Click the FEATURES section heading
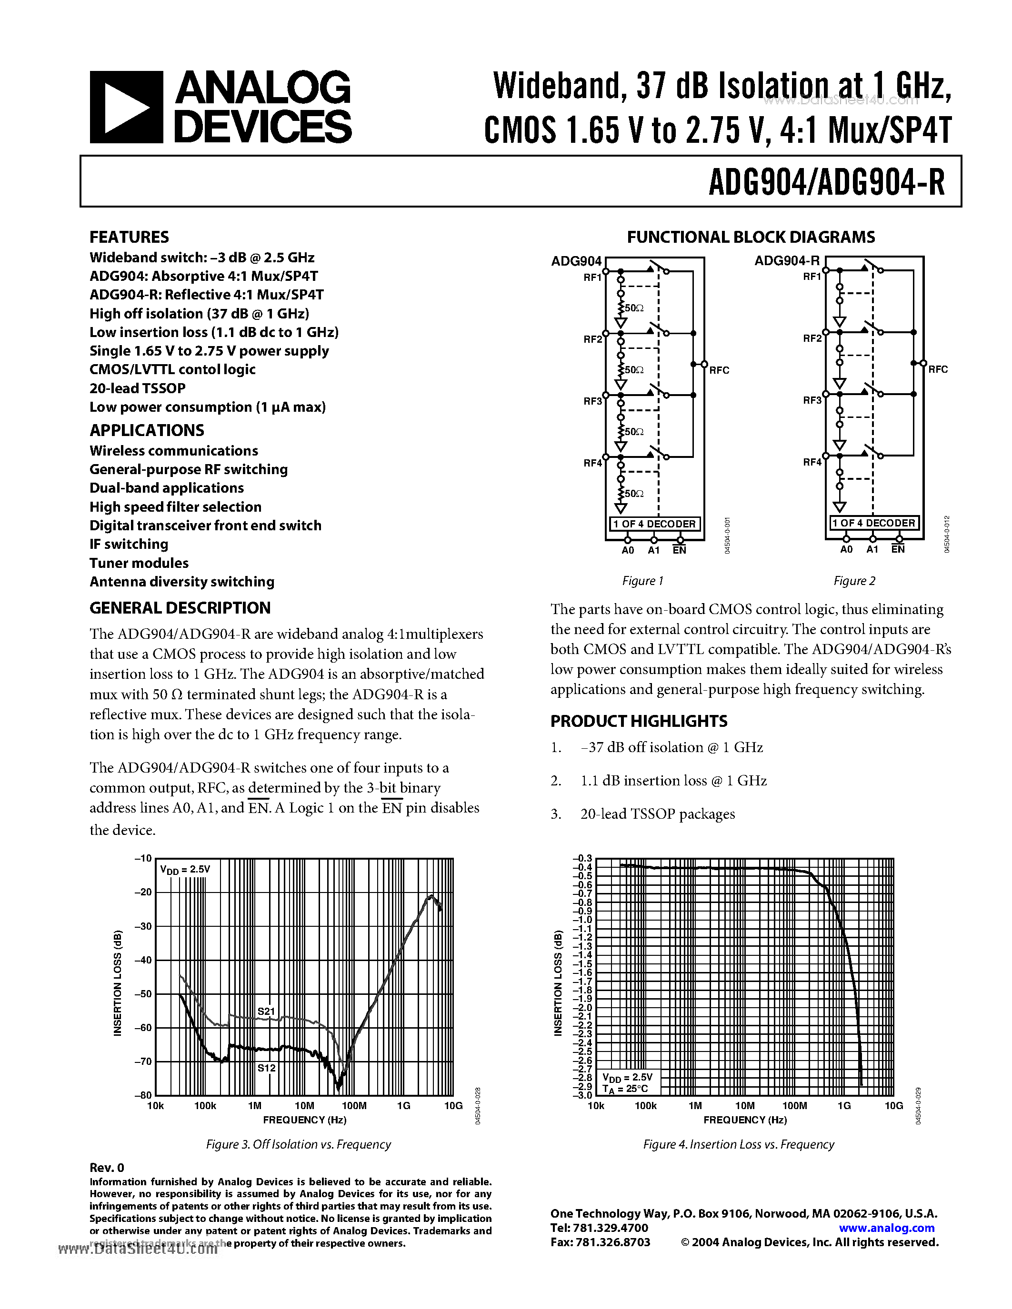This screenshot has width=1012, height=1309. click(129, 238)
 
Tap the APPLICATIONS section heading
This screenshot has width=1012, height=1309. click(147, 430)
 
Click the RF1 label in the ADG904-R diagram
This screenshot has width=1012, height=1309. click(812, 277)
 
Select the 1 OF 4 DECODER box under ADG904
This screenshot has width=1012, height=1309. click(654, 524)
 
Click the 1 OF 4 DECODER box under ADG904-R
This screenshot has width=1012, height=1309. click(873, 523)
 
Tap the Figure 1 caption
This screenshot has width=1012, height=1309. click(643, 581)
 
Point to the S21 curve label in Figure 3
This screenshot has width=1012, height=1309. click(266, 1011)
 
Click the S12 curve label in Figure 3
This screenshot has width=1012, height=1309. click(267, 1068)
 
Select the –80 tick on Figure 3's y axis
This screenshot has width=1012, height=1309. click(143, 1095)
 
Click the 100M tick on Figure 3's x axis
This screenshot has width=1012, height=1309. click(354, 1106)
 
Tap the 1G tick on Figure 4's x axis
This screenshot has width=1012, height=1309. click(844, 1106)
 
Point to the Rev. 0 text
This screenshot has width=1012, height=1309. click(107, 1167)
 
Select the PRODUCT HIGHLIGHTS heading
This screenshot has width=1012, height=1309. click(639, 721)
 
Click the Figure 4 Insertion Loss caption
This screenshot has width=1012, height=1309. click(739, 1144)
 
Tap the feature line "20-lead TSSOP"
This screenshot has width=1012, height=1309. click(137, 388)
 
